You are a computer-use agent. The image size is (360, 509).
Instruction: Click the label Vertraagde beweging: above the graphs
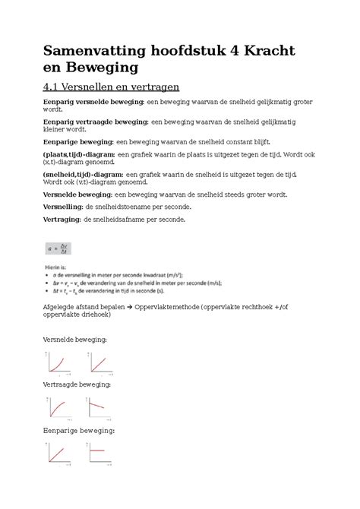pos(77,384)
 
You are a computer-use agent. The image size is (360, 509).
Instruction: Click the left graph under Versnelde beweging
pos(57,363)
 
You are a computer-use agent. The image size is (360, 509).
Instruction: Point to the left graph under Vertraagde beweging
pos(57,409)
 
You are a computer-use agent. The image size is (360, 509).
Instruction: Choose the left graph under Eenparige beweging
pos(57,455)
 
